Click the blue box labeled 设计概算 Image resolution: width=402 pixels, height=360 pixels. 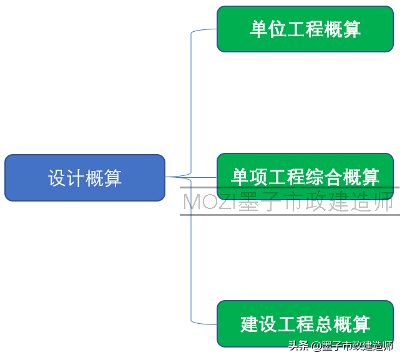pyautogui.click(x=85, y=178)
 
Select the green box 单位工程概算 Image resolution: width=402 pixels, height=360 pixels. pyautogui.click(x=305, y=29)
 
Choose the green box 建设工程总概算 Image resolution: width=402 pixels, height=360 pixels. pyautogui.click(x=305, y=324)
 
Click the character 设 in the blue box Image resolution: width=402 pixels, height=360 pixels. pyautogui.click(x=57, y=178)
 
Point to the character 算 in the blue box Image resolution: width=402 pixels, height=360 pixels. pyautogui.click(x=113, y=178)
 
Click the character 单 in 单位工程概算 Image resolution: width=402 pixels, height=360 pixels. pyautogui.click(x=258, y=29)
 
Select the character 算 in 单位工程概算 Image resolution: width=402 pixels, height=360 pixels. pyautogui.click(x=351, y=29)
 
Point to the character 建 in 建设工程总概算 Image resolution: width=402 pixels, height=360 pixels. pyautogui.click(x=250, y=324)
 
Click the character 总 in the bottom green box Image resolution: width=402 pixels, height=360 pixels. pyautogui.click(x=324, y=324)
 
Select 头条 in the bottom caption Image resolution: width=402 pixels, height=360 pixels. pyautogui.click(x=298, y=346)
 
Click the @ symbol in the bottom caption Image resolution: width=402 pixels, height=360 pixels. pyautogui.click(x=316, y=346)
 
